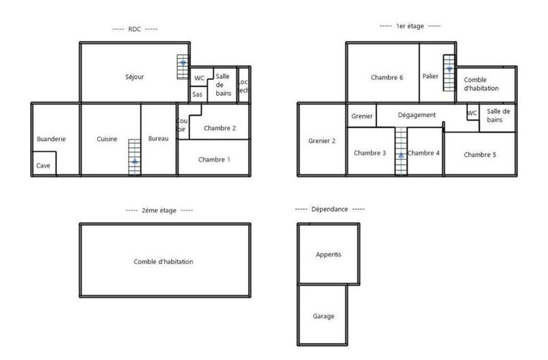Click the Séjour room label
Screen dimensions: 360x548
pyautogui.click(x=134, y=77)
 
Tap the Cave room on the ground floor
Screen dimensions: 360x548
pyautogui.click(x=43, y=165)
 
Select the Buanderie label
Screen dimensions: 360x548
pyautogui.click(x=51, y=139)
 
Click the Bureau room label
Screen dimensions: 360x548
pyautogui.click(x=158, y=139)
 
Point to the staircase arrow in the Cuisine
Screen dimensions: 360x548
pyautogui.click(x=134, y=162)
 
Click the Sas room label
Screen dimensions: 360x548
pyautogui.click(x=197, y=94)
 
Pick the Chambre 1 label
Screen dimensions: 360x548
pyautogui.click(x=214, y=159)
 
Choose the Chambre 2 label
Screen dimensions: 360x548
pyautogui.click(x=219, y=128)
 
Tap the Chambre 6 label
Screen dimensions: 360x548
pyautogui.click(x=386, y=77)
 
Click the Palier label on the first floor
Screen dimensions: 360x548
pyautogui.click(x=431, y=77)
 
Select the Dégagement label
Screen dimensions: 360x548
pyautogui.click(x=416, y=115)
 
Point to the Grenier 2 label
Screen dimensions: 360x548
pyautogui.click(x=322, y=141)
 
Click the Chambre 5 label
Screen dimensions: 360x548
pyautogui.click(x=480, y=154)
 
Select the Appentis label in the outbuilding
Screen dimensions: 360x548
pyautogui.click(x=328, y=255)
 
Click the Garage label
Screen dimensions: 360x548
pyautogui.click(x=323, y=316)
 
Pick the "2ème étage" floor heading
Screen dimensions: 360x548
pyautogui.click(x=158, y=210)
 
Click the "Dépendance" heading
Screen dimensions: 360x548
pyautogui.click(x=329, y=209)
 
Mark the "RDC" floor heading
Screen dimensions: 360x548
pyautogui.click(x=134, y=29)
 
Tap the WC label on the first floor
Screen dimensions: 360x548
pyautogui.click(x=472, y=113)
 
